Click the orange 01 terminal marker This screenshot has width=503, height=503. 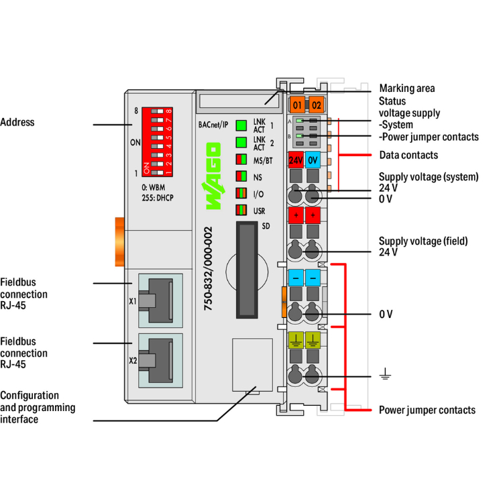point(297,105)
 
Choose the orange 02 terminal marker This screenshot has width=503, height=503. point(317,105)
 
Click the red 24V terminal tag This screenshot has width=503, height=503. point(295,160)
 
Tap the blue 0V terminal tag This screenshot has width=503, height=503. point(313,160)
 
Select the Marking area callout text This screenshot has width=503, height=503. point(406,88)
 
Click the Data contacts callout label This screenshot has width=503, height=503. point(408,155)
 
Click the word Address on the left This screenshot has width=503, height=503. point(17,123)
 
